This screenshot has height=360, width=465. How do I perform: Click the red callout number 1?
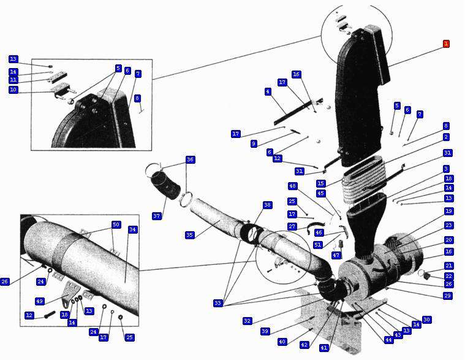446,44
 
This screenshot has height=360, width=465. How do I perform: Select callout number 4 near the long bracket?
268,91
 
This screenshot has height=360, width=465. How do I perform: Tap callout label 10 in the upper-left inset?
13,90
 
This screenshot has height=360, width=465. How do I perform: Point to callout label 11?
13,80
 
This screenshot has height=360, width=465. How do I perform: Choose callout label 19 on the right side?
449,211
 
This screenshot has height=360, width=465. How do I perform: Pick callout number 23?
449,225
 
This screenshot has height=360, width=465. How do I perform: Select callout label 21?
449,266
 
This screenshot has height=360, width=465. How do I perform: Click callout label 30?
427,320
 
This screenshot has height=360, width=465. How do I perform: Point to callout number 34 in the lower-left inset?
132,229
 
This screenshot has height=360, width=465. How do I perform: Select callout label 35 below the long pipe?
189,235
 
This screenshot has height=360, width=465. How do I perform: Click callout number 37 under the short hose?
156,216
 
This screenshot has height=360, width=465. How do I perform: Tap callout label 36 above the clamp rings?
190,159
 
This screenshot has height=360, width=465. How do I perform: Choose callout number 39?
265,331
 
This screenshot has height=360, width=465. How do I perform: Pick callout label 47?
336,255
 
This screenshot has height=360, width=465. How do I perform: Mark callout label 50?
116,224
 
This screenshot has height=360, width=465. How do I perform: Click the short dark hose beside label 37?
167,185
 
